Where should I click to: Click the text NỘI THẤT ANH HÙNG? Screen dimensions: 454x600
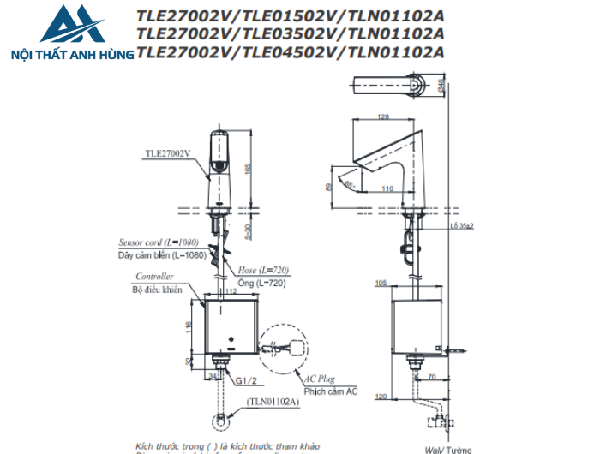[69, 54]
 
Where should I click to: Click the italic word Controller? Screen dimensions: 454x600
[154, 277]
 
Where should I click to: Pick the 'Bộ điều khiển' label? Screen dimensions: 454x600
[159, 290]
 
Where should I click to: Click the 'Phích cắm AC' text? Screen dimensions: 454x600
[329, 391]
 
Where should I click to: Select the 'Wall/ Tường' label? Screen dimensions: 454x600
[444, 448]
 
